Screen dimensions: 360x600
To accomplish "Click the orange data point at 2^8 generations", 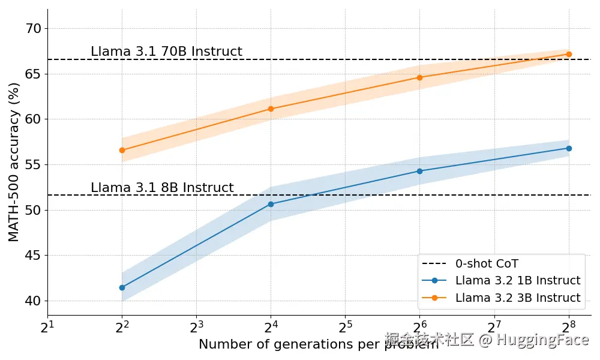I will click(x=569, y=54).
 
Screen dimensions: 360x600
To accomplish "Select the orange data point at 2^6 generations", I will click(x=419, y=77).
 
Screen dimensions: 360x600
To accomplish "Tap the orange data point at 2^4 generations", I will click(x=271, y=109).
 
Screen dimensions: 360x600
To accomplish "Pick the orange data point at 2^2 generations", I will click(x=122, y=150).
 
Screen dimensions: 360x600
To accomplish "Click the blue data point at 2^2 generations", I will click(x=122, y=287).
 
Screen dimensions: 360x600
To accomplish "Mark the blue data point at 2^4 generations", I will click(x=271, y=204).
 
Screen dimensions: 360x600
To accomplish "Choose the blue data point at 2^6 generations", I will click(x=419, y=171).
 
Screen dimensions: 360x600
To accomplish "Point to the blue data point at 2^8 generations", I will click(x=569, y=148).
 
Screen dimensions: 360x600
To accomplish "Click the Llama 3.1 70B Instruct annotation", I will click(x=166, y=52).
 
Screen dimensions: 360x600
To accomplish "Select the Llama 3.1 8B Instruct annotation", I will click(x=162, y=188).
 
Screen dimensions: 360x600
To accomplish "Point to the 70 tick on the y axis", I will click(x=34, y=28).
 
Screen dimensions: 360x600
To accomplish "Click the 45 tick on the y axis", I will click(x=34, y=256).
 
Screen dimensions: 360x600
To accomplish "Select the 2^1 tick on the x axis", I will click(x=47, y=326).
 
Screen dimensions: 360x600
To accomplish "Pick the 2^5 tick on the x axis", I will click(x=345, y=326).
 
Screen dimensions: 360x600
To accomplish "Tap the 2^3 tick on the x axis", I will click(x=196, y=326).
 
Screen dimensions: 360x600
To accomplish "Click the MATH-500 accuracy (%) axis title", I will click(x=14, y=162).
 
